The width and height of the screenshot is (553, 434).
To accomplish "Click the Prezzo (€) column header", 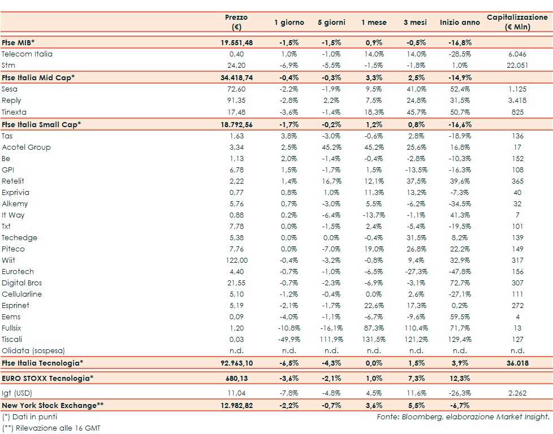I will pyautogui.click(x=236, y=22).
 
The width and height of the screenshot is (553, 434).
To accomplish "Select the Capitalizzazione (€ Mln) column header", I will pyautogui.click(x=517, y=22).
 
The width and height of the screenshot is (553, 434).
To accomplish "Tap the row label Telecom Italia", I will pyautogui.click(x=27, y=54).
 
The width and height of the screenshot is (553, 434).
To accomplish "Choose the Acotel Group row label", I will pyautogui.click(x=26, y=147).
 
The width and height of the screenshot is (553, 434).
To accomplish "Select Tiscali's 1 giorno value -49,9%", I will pyautogui.click(x=289, y=339).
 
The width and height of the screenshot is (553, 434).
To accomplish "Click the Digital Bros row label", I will pyautogui.click(x=22, y=283).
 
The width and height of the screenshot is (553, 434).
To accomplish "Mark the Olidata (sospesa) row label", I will pyautogui.click(x=33, y=350).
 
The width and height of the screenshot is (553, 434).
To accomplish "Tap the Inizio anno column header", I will pyautogui.click(x=459, y=22).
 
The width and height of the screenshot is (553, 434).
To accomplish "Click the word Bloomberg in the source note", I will pyautogui.click(x=427, y=416).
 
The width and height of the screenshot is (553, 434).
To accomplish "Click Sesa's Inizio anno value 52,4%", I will pyautogui.click(x=459, y=89).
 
